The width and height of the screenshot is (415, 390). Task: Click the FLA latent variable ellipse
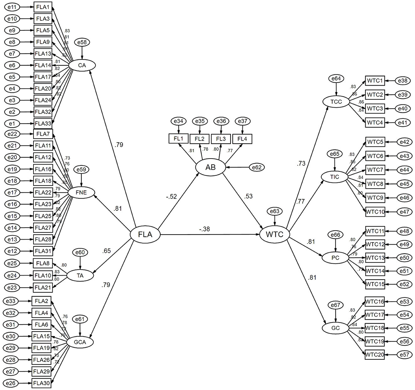[x=145, y=234]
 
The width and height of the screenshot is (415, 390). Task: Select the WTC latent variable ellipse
[x=275, y=234]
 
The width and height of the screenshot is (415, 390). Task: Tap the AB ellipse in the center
[x=210, y=168]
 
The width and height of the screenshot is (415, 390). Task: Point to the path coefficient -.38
[x=204, y=229]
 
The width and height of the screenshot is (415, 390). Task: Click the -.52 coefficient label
[x=171, y=197]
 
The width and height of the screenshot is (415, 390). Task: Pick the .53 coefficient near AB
[x=248, y=197]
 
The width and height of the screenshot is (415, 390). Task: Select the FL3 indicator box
[x=221, y=138]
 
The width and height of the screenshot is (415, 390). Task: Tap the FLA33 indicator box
[x=43, y=124]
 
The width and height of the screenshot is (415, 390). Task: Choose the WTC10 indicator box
[x=375, y=212]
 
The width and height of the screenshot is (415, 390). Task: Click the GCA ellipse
[x=80, y=342]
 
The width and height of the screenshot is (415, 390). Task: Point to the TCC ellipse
[x=336, y=102]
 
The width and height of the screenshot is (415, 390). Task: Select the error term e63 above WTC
[x=275, y=211]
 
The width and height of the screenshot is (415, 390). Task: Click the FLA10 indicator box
[x=43, y=276]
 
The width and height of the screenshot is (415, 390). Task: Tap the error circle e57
[x=404, y=355]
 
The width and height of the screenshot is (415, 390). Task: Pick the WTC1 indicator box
[x=375, y=81]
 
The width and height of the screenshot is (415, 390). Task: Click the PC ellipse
[x=335, y=258]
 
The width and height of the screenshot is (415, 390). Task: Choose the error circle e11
[x=12, y=7]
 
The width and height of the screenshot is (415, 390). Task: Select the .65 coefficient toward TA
[x=106, y=251]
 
